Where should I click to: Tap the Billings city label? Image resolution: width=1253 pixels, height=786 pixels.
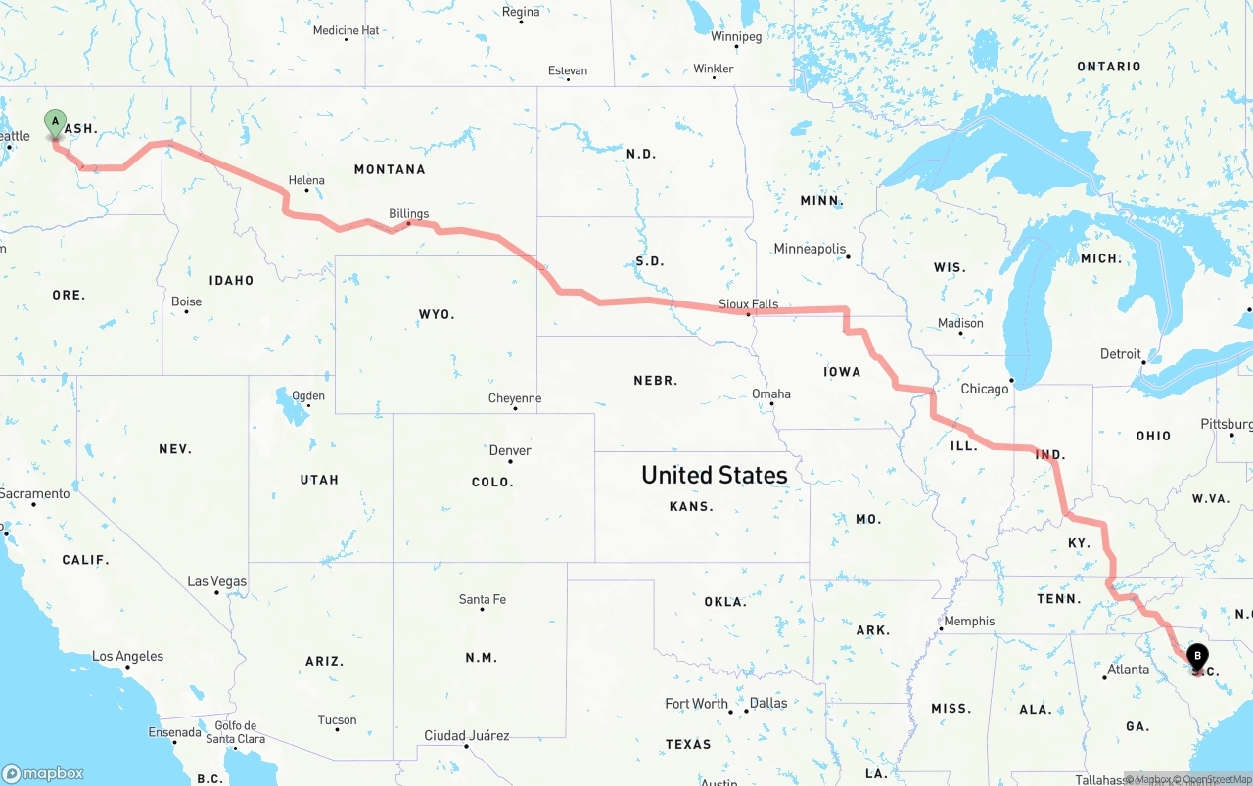coord(408,213)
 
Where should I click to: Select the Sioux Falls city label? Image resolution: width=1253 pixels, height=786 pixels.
coord(748,303)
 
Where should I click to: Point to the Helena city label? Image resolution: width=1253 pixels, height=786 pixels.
coord(306,180)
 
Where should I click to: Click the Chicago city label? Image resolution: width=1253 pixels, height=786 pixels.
coord(984,389)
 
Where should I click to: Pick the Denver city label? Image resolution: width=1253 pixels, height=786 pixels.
coord(510,450)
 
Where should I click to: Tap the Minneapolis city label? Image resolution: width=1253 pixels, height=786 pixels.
coord(810,249)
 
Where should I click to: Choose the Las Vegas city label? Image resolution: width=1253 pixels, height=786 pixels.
coord(217,581)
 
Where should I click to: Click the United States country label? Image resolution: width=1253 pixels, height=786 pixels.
coord(714,475)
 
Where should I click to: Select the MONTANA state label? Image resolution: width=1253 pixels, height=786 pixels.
coord(390,169)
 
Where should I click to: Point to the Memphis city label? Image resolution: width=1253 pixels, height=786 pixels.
coord(969,621)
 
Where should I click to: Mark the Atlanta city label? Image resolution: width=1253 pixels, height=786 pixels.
coord(1128,670)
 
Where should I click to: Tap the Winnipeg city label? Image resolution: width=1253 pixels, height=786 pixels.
coord(736,37)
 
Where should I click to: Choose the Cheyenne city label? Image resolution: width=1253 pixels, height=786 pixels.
coord(515,398)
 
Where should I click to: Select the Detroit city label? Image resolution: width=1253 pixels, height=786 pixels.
coord(1121,354)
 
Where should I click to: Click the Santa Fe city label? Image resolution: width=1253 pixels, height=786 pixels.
coord(483,599)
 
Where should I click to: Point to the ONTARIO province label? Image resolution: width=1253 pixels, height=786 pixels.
coord(1108,67)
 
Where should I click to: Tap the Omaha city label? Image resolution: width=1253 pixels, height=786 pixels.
coord(771,393)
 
